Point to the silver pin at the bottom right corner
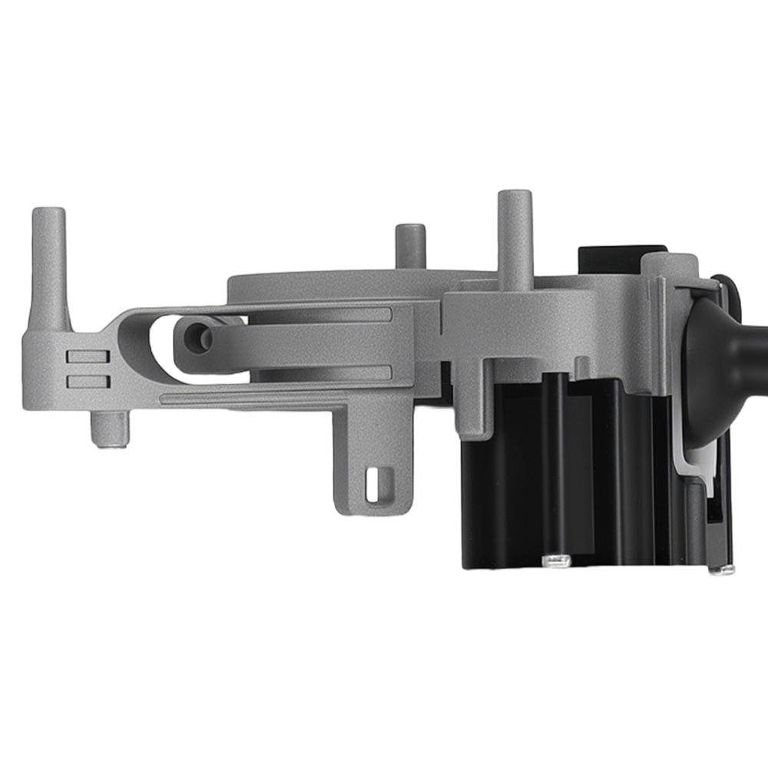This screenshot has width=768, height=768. pos(721,569)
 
